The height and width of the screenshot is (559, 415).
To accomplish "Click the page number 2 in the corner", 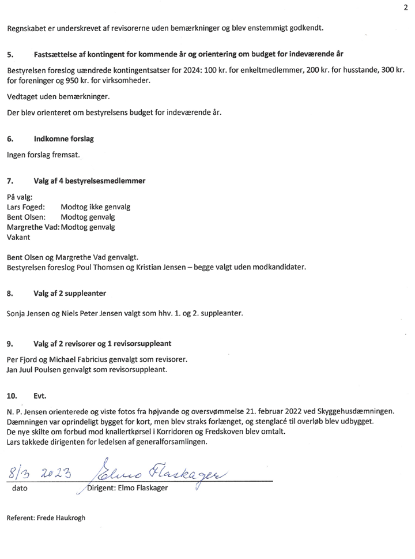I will tap(405, 7).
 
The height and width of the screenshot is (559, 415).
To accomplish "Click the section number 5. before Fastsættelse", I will tap(10, 54).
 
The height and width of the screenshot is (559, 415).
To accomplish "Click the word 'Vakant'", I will tap(18, 237).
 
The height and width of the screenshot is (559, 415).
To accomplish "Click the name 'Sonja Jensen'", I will tap(30, 313).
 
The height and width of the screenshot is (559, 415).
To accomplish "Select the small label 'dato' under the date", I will tap(19, 489).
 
